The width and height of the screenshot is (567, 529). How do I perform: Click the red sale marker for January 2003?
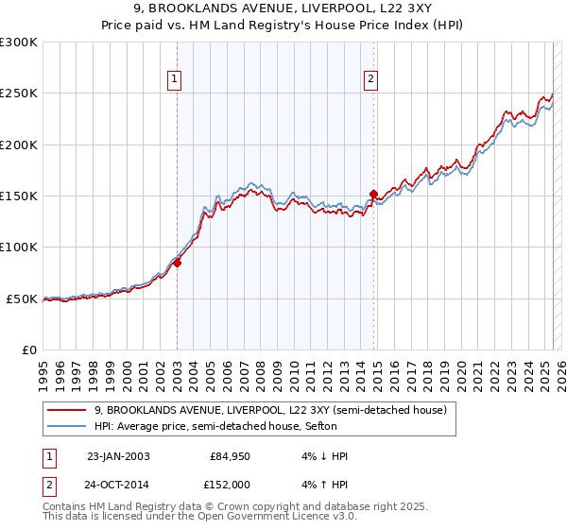click(x=177, y=264)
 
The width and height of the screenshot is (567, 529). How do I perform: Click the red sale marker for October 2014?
click(x=373, y=195)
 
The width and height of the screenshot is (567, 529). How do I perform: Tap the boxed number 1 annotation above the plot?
click(x=176, y=80)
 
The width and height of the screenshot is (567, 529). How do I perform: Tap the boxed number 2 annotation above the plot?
click(x=370, y=80)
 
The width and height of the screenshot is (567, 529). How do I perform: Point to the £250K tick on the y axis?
click(x=20, y=94)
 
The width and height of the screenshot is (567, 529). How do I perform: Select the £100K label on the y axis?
click(x=20, y=247)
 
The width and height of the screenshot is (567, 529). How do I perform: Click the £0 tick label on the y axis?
click(x=29, y=350)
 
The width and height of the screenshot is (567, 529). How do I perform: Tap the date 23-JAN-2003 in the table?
click(x=118, y=456)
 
